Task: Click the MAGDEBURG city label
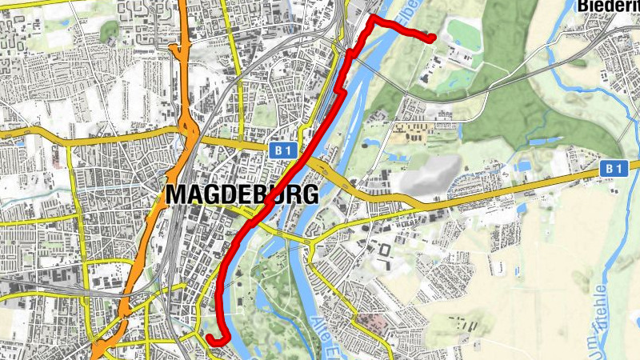242,194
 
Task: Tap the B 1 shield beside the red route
280,150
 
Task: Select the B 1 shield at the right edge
613,169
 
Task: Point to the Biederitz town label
608,6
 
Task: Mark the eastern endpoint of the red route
432,38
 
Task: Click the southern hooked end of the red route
210,339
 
